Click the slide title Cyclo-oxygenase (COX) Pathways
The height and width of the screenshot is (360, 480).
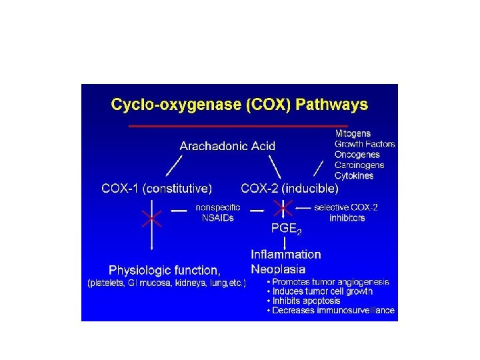coord(239,105)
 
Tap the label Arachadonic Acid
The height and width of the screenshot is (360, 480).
coord(227,145)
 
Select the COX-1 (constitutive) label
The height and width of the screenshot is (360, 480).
coord(157,188)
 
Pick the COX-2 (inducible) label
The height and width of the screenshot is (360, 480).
coord(289,188)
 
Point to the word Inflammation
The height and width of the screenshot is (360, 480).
coord(285,254)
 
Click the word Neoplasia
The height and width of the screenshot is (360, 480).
coord(278,269)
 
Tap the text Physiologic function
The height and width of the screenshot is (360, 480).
coord(165,270)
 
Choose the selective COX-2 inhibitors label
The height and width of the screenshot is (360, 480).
coord(347,213)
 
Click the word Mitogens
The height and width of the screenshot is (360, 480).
coord(353,133)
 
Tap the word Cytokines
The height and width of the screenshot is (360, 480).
coord(354,176)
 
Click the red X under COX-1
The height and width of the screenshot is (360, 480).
coord(153,217)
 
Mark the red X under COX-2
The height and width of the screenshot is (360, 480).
coord(284,209)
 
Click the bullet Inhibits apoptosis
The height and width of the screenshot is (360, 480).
coord(305,301)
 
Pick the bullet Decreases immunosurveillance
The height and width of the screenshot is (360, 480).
coord(331,311)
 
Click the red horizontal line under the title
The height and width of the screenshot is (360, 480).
coord(239,125)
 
